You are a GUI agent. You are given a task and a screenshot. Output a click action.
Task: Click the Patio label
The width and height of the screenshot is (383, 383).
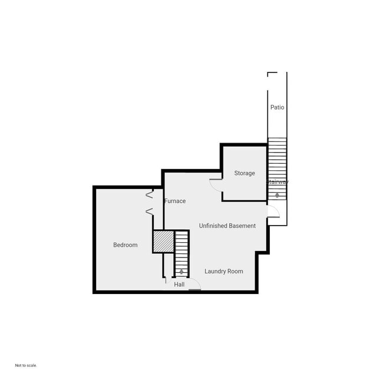coord(277,107)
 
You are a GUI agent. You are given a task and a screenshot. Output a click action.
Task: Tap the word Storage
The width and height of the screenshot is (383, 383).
coord(245,173)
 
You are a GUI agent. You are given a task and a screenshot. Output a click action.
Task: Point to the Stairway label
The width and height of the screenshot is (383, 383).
coord(278,182)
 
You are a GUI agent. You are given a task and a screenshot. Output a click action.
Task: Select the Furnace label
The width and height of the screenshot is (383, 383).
coord(175,201)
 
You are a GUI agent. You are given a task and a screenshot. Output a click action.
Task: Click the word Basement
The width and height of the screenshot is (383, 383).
coord(242,226)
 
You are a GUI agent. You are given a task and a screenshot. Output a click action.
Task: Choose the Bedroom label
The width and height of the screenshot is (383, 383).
coord(125,245)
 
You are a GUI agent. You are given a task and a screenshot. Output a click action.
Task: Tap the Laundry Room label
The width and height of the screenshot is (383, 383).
coord(223,271)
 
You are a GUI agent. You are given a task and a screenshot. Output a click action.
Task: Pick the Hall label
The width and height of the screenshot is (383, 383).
coord(179,285)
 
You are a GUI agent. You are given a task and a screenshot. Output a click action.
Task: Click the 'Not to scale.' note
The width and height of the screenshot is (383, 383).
coord(26,365)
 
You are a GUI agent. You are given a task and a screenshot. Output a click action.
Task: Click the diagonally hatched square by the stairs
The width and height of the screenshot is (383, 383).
coord(163,242)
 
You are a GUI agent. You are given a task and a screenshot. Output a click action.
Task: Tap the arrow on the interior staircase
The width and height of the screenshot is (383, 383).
coord(181,272)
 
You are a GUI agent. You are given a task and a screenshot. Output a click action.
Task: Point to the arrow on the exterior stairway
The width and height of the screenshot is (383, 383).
coord(277,195)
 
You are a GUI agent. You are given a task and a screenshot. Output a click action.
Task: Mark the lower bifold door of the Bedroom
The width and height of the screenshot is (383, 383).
coord(150,211)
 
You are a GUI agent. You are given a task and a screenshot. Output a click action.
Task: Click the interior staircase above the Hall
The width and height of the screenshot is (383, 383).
coord(181,250)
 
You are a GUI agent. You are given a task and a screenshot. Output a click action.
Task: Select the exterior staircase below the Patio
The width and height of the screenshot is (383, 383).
coord(277,159)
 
